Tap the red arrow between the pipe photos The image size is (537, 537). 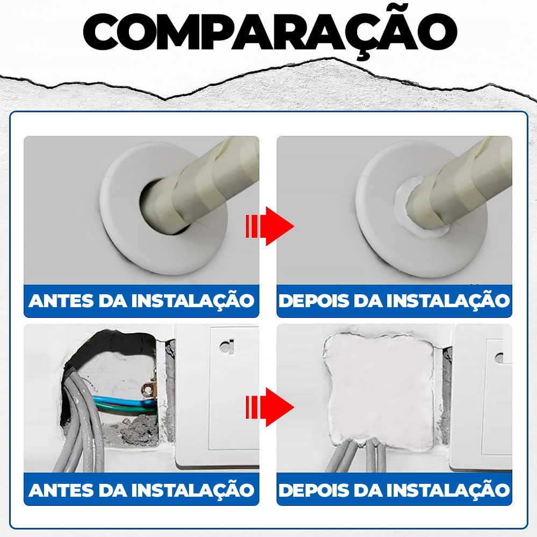point(270,226)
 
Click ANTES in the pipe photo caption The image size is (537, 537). point(60,301)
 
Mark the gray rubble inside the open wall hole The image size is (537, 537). point(134,430)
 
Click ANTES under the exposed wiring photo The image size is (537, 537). point(60,490)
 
